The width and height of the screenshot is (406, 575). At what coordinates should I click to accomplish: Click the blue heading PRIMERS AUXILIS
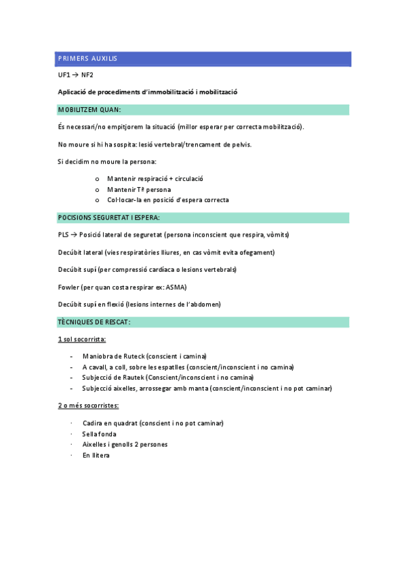87,59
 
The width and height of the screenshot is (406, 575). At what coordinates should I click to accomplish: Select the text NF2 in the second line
88,75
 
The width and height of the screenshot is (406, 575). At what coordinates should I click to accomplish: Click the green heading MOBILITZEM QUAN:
89,110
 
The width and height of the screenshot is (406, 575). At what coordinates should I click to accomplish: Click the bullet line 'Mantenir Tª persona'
139,189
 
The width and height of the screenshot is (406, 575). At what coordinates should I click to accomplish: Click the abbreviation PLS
64,235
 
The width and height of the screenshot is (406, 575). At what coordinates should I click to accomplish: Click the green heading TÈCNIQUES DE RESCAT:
94,321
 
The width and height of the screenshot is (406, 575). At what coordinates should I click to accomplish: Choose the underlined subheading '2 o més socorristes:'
89,405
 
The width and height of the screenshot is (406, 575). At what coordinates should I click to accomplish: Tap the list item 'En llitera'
96,455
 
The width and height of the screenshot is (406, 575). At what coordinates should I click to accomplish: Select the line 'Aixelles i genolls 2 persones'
125,444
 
